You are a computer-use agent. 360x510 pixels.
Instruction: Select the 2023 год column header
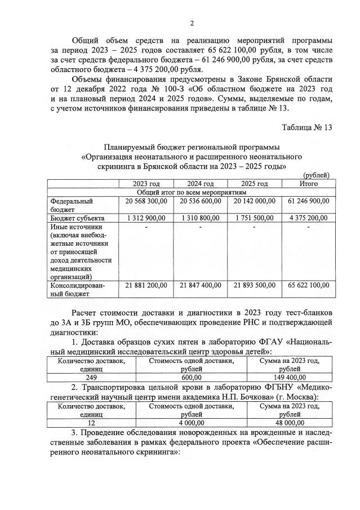tap(146, 184)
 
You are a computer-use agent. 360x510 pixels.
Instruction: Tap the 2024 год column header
tap(200, 184)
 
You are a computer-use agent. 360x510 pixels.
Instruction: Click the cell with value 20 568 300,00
tap(146, 201)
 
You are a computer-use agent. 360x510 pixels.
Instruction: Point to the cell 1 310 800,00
tap(200, 218)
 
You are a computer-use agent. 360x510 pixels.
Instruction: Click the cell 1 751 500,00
tap(254, 218)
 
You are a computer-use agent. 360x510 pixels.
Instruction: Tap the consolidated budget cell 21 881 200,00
tap(146, 286)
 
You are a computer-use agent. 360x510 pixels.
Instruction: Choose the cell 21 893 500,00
tap(254, 286)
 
